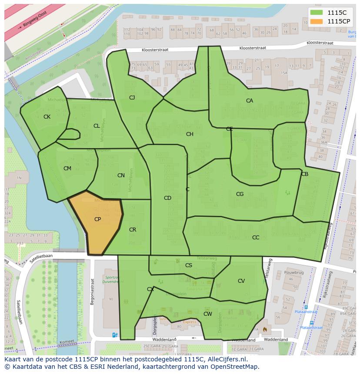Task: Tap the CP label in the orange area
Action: pos(97,219)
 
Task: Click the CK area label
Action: pos(47,117)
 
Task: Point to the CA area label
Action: pos(249,101)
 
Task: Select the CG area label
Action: pos(240,194)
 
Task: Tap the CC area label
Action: pos(256,238)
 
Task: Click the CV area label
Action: pos(241,281)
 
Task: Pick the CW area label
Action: pos(208,314)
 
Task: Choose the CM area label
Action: pos(67,169)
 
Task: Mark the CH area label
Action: pos(190,134)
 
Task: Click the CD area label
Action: pos(167,198)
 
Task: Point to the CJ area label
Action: pos(132,98)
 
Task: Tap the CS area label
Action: pos(188,265)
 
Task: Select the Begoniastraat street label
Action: pos(92,292)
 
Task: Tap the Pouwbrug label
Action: pos(293,272)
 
